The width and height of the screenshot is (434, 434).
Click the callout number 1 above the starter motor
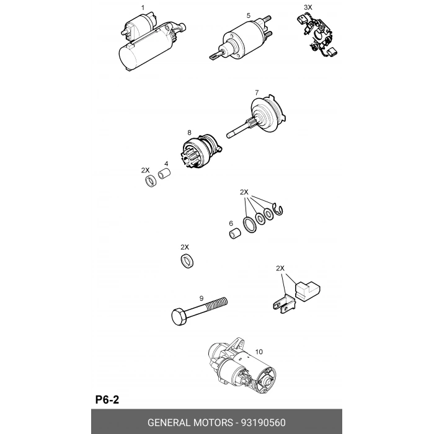pos(143,7)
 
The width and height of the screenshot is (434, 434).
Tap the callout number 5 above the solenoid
pos(248,15)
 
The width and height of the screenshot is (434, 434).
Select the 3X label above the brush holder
pos(308,7)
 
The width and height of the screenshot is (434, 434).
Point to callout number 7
pos(257,92)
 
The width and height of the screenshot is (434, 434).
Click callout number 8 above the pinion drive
pos(189,133)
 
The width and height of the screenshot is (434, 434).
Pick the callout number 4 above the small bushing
pos(166,164)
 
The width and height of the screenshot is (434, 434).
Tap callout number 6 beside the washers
pos(231,223)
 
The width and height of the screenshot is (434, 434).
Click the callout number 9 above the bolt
pos(201,298)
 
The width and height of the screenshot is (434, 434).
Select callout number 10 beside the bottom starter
pos(259,352)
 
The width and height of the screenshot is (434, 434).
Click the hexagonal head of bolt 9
pos(180,317)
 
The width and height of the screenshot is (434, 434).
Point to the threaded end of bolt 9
pos(218,303)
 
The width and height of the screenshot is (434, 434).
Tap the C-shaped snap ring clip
pos(278,209)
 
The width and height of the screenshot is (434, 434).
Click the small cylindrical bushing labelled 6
pos(235,233)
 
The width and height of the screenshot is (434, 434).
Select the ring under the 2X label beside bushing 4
pos(151,181)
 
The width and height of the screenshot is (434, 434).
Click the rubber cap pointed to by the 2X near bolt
pos(308,291)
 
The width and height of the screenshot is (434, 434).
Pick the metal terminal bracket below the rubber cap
pos(284,304)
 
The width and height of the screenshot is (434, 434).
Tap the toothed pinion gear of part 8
pos(190,159)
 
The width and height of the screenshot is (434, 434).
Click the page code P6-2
pos(107,400)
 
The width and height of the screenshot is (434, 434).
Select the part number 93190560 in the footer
pos(263,423)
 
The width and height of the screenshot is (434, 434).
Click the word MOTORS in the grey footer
pos(213,423)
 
